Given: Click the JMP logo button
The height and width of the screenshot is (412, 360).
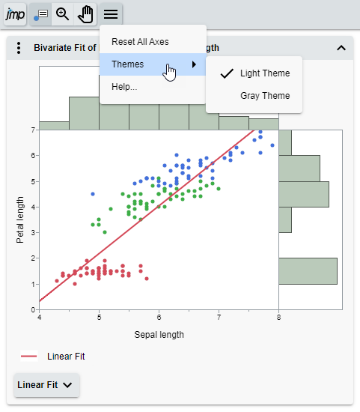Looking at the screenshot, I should pos(14,13).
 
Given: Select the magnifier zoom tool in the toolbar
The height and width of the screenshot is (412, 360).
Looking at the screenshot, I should pos(64,13).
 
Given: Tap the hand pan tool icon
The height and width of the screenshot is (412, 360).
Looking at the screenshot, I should pos(86,13).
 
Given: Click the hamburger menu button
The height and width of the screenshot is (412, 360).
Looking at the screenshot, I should pos(111,13).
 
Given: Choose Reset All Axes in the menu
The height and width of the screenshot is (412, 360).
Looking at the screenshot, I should pos(140,41).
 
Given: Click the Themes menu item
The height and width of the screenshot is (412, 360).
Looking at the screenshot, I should pos(128,64).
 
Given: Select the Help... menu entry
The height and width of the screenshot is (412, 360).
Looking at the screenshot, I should pos(124,87).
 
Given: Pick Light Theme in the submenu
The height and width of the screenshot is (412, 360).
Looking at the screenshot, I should pos(264,73).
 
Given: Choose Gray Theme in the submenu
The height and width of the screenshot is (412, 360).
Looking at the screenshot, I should pos(264,96).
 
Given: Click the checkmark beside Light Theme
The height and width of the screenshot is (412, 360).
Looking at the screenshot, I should pos(228,73).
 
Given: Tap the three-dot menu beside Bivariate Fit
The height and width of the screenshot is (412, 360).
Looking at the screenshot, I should pos(19,48).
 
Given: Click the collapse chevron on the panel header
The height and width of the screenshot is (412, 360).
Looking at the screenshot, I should pos(341,48).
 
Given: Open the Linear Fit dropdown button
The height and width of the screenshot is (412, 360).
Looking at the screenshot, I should pos(46,385).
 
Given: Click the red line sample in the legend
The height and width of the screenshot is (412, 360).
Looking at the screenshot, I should pos(29,357).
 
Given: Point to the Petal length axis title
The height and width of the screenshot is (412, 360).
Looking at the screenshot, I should pos(20,219).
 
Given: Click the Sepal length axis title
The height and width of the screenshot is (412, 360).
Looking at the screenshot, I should pos(159,334).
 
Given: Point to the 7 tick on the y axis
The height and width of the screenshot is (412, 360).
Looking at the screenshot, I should pos(33,130).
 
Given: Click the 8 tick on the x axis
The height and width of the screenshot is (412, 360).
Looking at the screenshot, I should pos(278,318).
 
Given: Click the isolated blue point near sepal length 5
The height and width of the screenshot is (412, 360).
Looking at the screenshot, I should pos(93,193).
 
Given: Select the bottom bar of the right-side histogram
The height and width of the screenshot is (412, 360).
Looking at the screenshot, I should pos(308,271).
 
